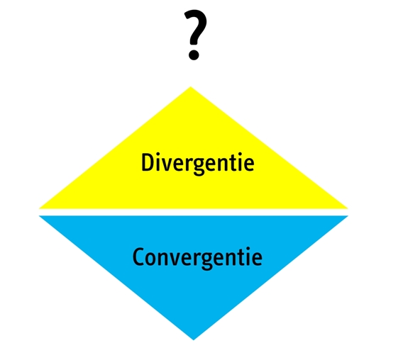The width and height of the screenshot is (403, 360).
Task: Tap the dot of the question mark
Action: point(194,55)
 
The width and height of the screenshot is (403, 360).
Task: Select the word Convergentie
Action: point(197,258)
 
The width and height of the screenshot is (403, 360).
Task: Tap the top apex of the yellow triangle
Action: point(191,87)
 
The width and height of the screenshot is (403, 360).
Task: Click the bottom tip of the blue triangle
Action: point(194,339)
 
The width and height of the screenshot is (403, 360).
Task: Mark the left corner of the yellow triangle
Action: point(39,208)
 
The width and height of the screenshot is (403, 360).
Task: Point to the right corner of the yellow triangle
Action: point(348,208)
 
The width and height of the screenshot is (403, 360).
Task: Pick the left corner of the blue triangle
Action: point(39,216)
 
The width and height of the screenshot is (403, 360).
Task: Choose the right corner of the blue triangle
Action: point(348,216)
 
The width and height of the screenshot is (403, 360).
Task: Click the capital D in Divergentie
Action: point(148,162)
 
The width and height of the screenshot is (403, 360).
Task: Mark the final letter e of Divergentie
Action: point(249,165)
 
